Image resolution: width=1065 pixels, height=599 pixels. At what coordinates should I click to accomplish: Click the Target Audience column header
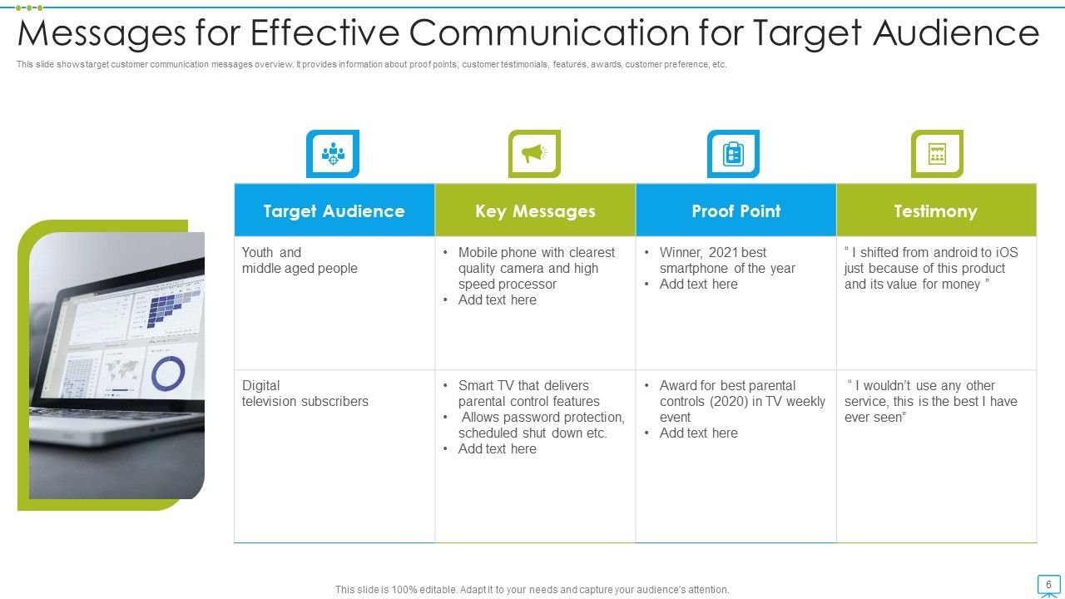(334, 211)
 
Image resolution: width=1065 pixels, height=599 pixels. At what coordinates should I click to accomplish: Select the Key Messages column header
(535, 211)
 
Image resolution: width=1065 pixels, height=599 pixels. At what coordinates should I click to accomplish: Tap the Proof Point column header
(736, 211)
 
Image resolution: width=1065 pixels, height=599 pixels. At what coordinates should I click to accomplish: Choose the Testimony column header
(936, 211)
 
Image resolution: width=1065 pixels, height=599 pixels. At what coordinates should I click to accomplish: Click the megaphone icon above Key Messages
(534, 153)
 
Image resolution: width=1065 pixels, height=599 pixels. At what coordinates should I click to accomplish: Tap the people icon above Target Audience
(333, 153)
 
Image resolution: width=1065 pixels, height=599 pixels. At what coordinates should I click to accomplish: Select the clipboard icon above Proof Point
(733, 153)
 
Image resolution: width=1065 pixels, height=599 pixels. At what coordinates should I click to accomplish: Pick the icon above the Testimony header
(937, 153)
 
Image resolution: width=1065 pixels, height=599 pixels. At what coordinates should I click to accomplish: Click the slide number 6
(1048, 584)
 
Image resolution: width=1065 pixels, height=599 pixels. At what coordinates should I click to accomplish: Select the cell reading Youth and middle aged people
(300, 260)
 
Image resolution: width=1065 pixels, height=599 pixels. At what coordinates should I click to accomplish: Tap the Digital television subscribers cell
(305, 394)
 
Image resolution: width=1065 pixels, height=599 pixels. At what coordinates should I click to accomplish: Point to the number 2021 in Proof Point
(725, 252)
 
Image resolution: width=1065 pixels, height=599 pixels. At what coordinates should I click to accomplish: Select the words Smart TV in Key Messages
(486, 385)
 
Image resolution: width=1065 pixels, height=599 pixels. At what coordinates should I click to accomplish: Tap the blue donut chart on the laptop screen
(169, 374)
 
